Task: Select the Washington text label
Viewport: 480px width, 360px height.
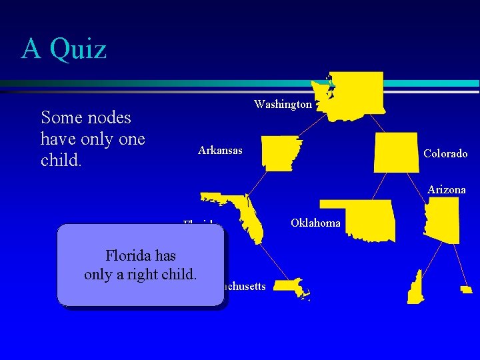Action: (x=283, y=105)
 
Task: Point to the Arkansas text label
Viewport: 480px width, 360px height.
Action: (x=220, y=151)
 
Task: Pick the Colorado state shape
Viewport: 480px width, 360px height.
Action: (x=396, y=152)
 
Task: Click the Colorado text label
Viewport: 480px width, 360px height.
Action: (x=445, y=154)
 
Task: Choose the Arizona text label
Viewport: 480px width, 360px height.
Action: (x=447, y=190)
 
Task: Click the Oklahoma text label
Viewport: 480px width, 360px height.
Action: (x=316, y=223)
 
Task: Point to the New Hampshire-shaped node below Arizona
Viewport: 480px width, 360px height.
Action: (x=415, y=287)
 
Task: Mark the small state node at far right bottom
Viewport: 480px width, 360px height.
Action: (x=466, y=289)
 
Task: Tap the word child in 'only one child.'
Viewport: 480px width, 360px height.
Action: (x=60, y=161)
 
